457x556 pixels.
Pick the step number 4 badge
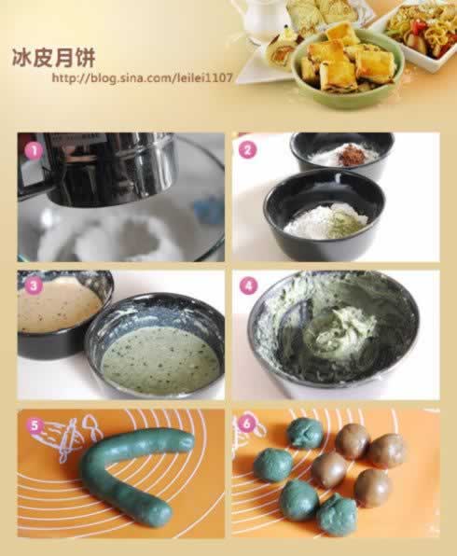click(x=248, y=285)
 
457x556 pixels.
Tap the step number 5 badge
click(x=34, y=425)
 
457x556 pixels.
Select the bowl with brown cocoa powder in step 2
click(x=341, y=151)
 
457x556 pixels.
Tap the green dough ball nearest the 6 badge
click(x=304, y=432)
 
